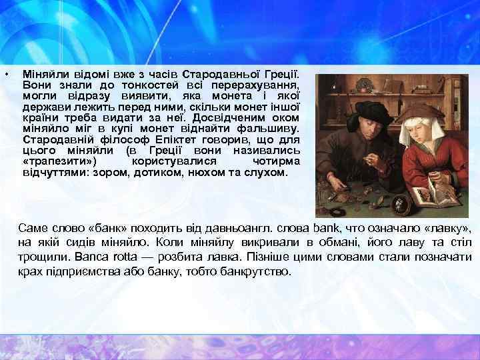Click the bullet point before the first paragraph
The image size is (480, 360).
tap(5, 73)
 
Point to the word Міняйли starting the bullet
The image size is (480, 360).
tap(41, 71)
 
